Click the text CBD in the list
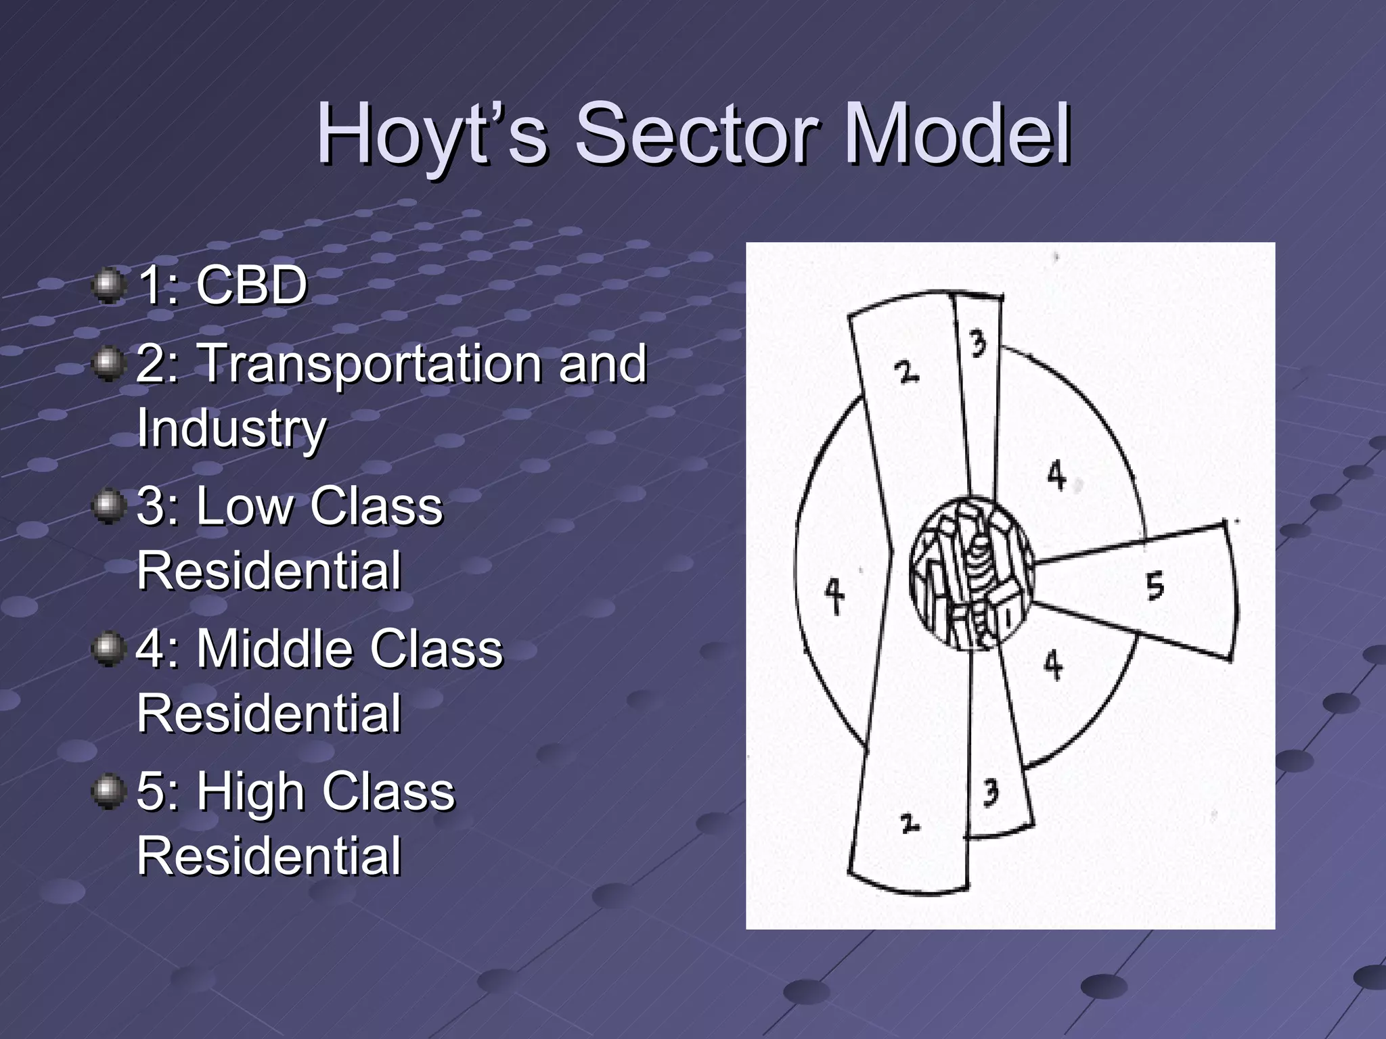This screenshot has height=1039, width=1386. click(x=252, y=285)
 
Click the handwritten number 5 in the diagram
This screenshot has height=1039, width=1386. click(x=1155, y=585)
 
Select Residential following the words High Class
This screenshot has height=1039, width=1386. click(x=269, y=856)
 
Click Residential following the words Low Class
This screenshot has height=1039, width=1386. click(x=269, y=570)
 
